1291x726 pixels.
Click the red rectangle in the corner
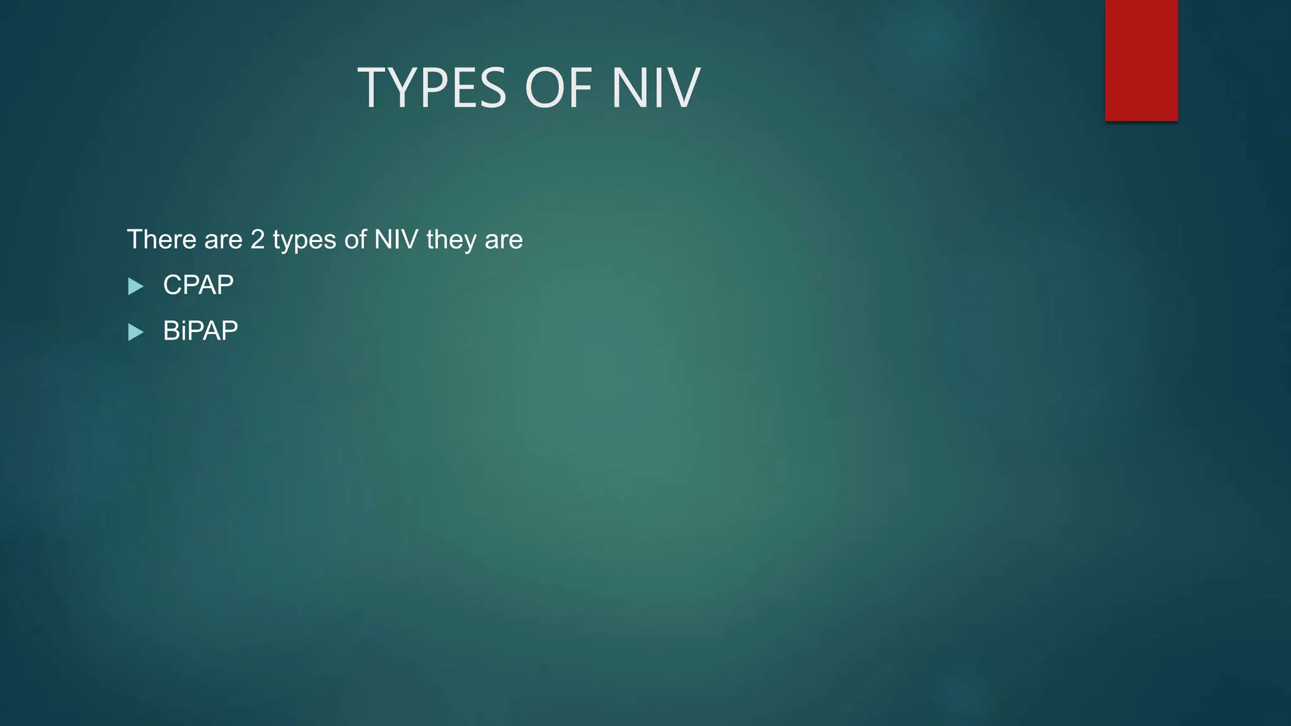pos(1141,60)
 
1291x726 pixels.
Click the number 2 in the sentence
pos(257,239)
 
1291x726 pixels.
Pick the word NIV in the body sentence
pos(396,239)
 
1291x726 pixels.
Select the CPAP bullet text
pos(198,285)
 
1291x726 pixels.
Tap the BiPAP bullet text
pos(200,331)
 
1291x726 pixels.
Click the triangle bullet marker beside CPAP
pos(136,287)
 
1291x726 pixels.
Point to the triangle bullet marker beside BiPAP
pos(136,332)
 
